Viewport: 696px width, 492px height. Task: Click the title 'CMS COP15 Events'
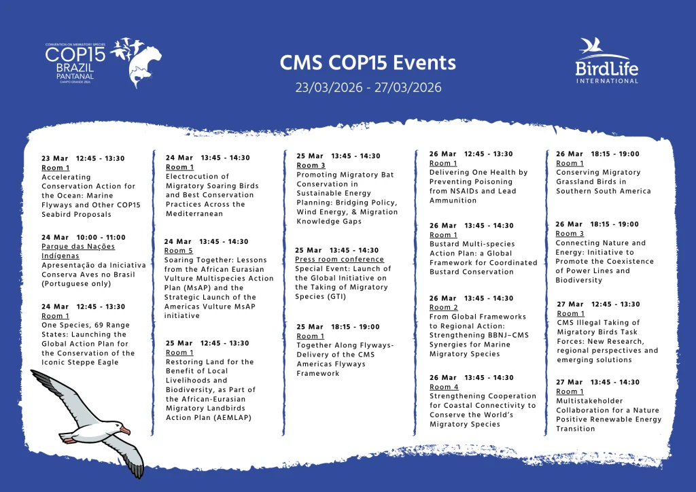click(368, 63)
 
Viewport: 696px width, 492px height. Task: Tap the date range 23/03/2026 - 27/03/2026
click(368, 88)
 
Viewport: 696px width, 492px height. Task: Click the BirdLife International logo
click(606, 61)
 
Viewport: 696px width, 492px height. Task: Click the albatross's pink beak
click(124, 430)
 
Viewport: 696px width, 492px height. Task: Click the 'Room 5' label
click(179, 251)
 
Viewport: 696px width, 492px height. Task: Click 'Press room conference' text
click(339, 260)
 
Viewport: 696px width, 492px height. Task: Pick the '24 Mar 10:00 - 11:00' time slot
click(83, 237)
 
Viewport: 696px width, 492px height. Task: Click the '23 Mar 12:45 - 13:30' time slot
click(83, 158)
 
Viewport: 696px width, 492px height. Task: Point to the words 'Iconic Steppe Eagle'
click(80, 362)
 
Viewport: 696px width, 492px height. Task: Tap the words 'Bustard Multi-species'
click(472, 244)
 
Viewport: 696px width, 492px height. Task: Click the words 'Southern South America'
click(603, 191)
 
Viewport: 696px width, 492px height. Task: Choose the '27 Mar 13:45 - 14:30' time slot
click(597, 382)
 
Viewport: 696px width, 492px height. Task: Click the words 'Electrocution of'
click(197, 177)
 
